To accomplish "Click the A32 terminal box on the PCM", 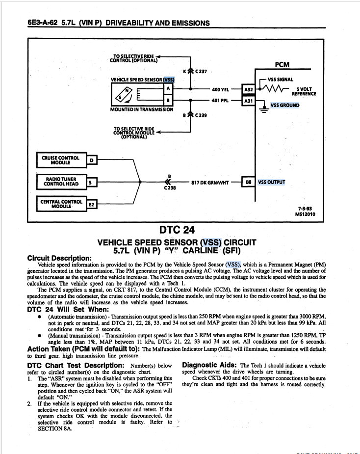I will point(249,90).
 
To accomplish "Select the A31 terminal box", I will point(249,101).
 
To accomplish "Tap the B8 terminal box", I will point(249,182).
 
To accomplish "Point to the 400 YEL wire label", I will point(221,90).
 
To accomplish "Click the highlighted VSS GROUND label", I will point(285,105).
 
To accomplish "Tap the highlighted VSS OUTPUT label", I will point(271,182).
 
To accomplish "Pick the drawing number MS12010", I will point(305,214).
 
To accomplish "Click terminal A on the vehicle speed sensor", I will point(168,88).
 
